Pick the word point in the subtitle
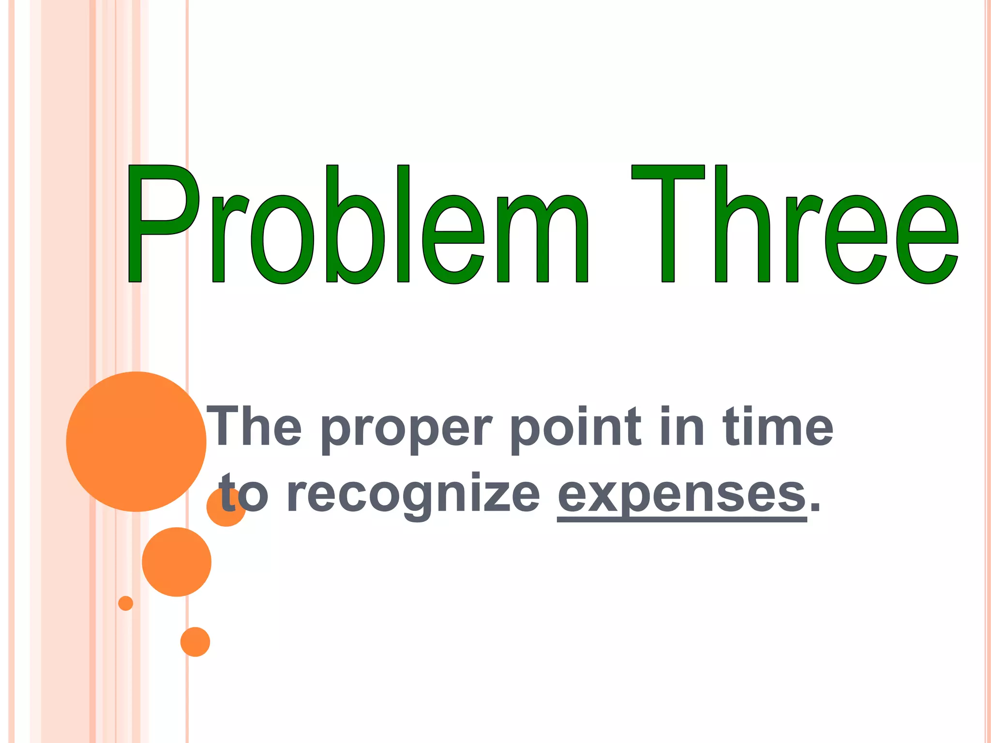tap(576, 428)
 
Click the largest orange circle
tap(136, 441)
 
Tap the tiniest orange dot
tap(125, 603)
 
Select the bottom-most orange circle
tap(195, 642)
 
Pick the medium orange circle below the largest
tap(177, 562)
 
